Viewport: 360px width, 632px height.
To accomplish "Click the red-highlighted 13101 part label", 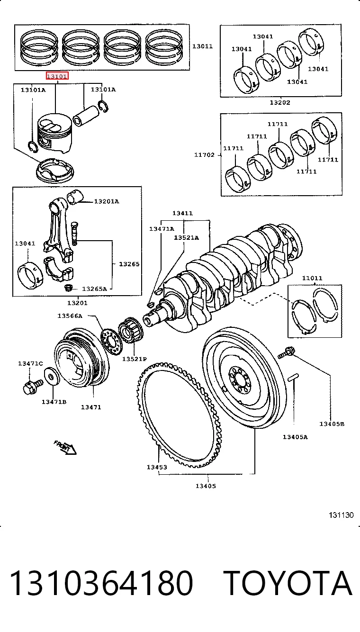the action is [x=57, y=76].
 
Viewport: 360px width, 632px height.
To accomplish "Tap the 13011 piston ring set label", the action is [x=202, y=46].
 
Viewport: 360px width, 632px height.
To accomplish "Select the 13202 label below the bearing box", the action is [x=280, y=102].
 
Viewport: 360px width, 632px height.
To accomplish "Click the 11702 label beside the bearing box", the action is [x=204, y=154].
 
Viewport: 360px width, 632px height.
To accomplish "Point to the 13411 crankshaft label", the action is [x=182, y=213].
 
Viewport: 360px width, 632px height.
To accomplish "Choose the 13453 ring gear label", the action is [x=157, y=467].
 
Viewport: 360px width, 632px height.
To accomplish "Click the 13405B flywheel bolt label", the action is [x=332, y=424].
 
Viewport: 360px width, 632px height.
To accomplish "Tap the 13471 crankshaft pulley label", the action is [x=91, y=407].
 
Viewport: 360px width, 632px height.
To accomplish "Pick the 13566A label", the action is [x=70, y=316].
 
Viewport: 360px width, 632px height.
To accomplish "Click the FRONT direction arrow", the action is [x=65, y=447].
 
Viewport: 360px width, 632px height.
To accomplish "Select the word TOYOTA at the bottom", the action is [x=288, y=583].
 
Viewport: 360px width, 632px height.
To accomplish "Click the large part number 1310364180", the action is [x=101, y=583].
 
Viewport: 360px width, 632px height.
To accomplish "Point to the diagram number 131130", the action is [x=341, y=515].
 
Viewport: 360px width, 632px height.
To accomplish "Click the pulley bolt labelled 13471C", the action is [x=33, y=386].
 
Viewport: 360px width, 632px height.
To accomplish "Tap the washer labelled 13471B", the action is [x=52, y=376].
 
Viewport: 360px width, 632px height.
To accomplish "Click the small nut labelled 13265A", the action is [x=69, y=288].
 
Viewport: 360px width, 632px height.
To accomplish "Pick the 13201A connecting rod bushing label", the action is [x=107, y=201].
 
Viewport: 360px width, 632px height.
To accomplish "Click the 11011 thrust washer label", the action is [x=312, y=278].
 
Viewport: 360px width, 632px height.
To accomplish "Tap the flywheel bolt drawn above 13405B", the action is [x=287, y=352].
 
